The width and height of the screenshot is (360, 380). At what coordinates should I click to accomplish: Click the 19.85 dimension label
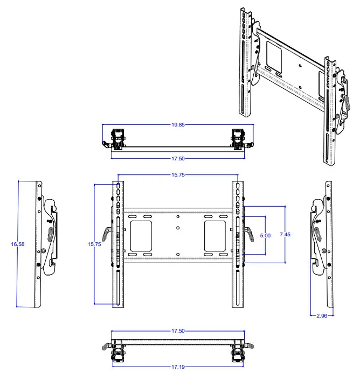[178, 124]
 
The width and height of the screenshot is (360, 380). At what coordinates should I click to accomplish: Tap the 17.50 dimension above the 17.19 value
[178, 332]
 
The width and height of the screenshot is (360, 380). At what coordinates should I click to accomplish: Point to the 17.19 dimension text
[178, 367]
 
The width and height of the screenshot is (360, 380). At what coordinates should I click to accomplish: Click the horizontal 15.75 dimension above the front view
[178, 175]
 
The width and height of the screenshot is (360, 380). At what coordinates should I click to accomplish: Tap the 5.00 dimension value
[265, 236]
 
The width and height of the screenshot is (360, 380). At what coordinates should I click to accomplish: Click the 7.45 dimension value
[285, 235]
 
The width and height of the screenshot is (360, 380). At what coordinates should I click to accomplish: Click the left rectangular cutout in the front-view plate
[140, 236]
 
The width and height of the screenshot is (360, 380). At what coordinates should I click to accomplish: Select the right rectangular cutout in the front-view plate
[215, 236]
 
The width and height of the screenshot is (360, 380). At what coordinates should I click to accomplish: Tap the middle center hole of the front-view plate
[177, 228]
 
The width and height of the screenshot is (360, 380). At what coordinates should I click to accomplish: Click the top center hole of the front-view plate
[177, 217]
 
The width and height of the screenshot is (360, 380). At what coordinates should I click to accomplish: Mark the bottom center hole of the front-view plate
[177, 254]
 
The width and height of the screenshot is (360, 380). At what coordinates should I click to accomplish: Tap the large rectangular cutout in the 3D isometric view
[273, 55]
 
